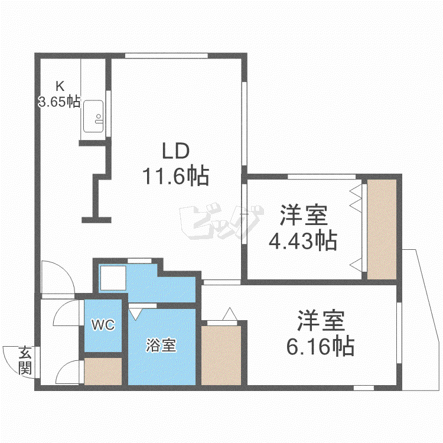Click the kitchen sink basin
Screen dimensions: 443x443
point(93,116)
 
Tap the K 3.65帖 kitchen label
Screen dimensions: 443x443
point(59,94)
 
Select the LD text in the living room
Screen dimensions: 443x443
point(176,151)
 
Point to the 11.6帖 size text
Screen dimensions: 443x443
point(176,176)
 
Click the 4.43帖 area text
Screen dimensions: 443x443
point(303,241)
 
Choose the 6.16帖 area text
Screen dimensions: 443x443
point(320,346)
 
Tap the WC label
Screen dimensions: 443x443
point(103,325)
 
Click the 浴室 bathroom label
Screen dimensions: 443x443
point(161,345)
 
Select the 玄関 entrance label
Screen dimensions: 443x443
point(25,360)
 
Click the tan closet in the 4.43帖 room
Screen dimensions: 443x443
point(382,229)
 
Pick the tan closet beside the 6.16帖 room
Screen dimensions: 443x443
point(221,356)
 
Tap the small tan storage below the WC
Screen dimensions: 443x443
point(103,372)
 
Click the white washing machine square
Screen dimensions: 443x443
point(113,278)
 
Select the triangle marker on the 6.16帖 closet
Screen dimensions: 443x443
point(230,314)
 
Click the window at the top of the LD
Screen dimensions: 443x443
point(167,56)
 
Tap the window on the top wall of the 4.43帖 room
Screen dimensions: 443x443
point(321,177)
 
